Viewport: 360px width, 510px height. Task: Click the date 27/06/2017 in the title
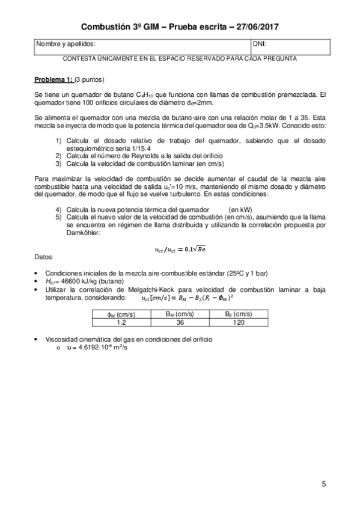click(x=255, y=27)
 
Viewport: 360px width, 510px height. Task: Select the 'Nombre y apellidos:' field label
click(x=66, y=45)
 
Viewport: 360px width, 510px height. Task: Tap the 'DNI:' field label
click(x=261, y=45)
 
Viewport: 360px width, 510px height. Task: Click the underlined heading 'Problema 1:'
click(x=53, y=79)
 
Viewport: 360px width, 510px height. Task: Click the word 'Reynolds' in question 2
click(x=140, y=156)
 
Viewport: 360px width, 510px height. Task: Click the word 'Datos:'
click(x=44, y=256)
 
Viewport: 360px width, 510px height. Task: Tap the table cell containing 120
click(x=239, y=322)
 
